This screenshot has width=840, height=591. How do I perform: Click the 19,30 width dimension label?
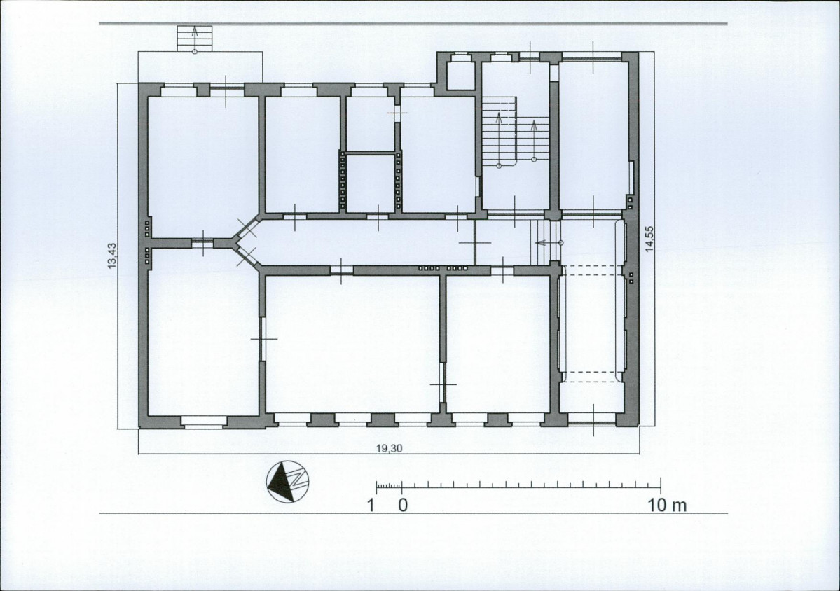pyautogui.click(x=389, y=449)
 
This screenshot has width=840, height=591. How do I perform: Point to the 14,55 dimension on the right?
pyautogui.click(x=650, y=239)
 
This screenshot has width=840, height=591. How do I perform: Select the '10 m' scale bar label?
pyautogui.click(x=667, y=505)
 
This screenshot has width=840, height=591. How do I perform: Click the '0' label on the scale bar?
pyautogui.click(x=402, y=505)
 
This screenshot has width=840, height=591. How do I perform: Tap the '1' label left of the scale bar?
pyautogui.click(x=370, y=505)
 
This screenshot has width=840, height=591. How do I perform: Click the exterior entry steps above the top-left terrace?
pyautogui.click(x=195, y=38)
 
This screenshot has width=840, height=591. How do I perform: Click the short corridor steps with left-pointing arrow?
pyautogui.click(x=545, y=242)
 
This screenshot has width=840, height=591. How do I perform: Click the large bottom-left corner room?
pyautogui.click(x=202, y=335)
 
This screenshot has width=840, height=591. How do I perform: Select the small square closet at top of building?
pyautogui.click(x=460, y=76)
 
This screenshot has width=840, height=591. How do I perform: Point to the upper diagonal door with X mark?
pyautogui.click(x=248, y=228)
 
